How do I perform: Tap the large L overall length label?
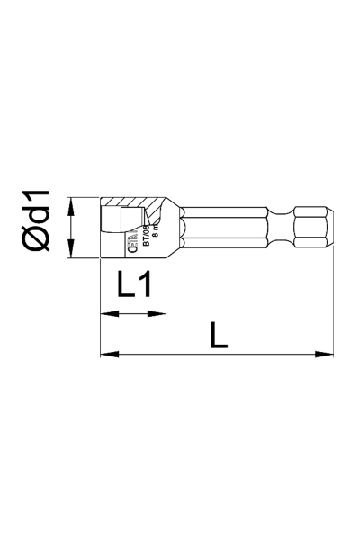click(x=217, y=335)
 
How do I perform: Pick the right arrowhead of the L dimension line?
click(x=328, y=354)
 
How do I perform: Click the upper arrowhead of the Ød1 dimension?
click(x=73, y=202)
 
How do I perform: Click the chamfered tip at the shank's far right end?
click(x=331, y=227)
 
